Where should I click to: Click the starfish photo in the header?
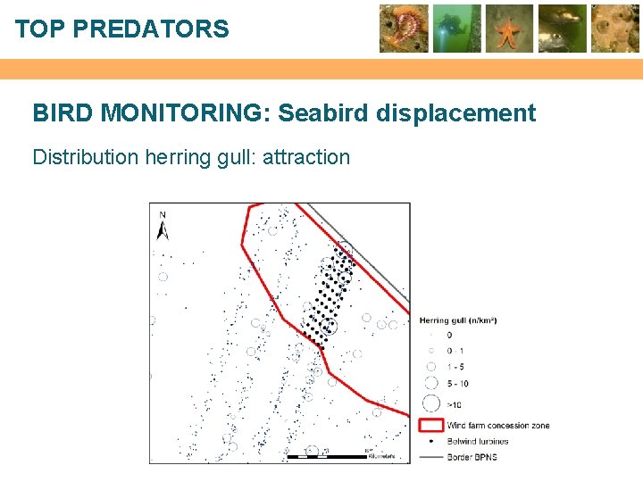point(509,28)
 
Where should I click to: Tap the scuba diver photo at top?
point(457,28)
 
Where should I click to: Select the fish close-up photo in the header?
point(562,28)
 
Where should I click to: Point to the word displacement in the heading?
point(456,113)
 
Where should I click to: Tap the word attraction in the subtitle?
point(305,158)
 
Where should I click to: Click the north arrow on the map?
point(163,228)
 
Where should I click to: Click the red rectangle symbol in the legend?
point(431,425)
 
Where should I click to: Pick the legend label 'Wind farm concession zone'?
point(498,425)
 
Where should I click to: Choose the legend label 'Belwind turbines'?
point(478,441)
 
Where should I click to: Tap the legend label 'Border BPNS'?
point(472,457)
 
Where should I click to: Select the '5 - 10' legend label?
point(457,384)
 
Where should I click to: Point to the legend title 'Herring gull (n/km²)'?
point(457,320)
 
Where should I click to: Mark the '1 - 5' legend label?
point(455,366)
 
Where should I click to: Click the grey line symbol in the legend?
point(431,457)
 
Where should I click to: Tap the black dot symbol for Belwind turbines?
point(431,441)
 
